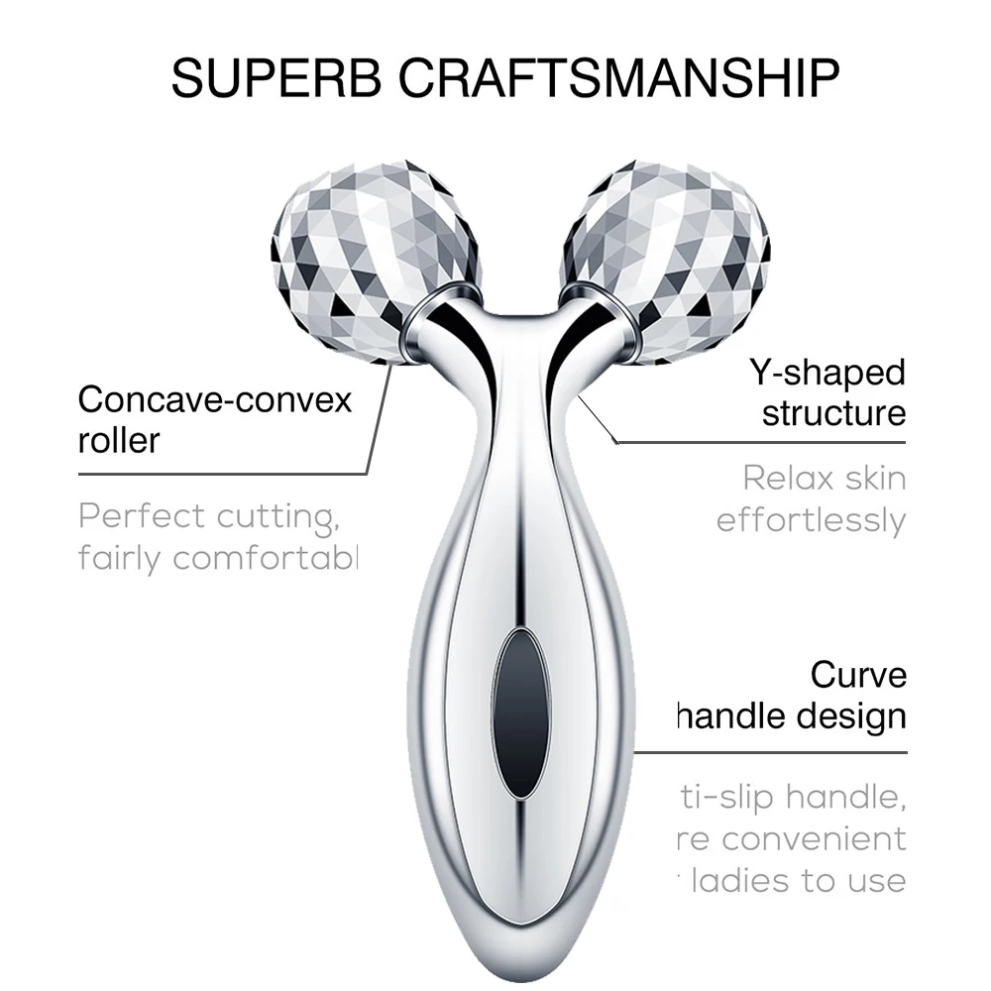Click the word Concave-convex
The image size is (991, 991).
pyautogui.click(x=215, y=400)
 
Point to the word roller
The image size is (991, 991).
pyautogui.click(x=118, y=439)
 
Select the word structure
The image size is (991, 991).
pyautogui.click(x=833, y=412)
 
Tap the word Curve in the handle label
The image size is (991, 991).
pyautogui.click(x=858, y=675)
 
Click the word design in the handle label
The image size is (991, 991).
pyautogui.click(x=852, y=715)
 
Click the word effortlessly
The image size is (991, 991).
pyautogui.click(x=811, y=520)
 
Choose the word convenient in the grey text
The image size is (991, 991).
pyautogui.click(x=813, y=838)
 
